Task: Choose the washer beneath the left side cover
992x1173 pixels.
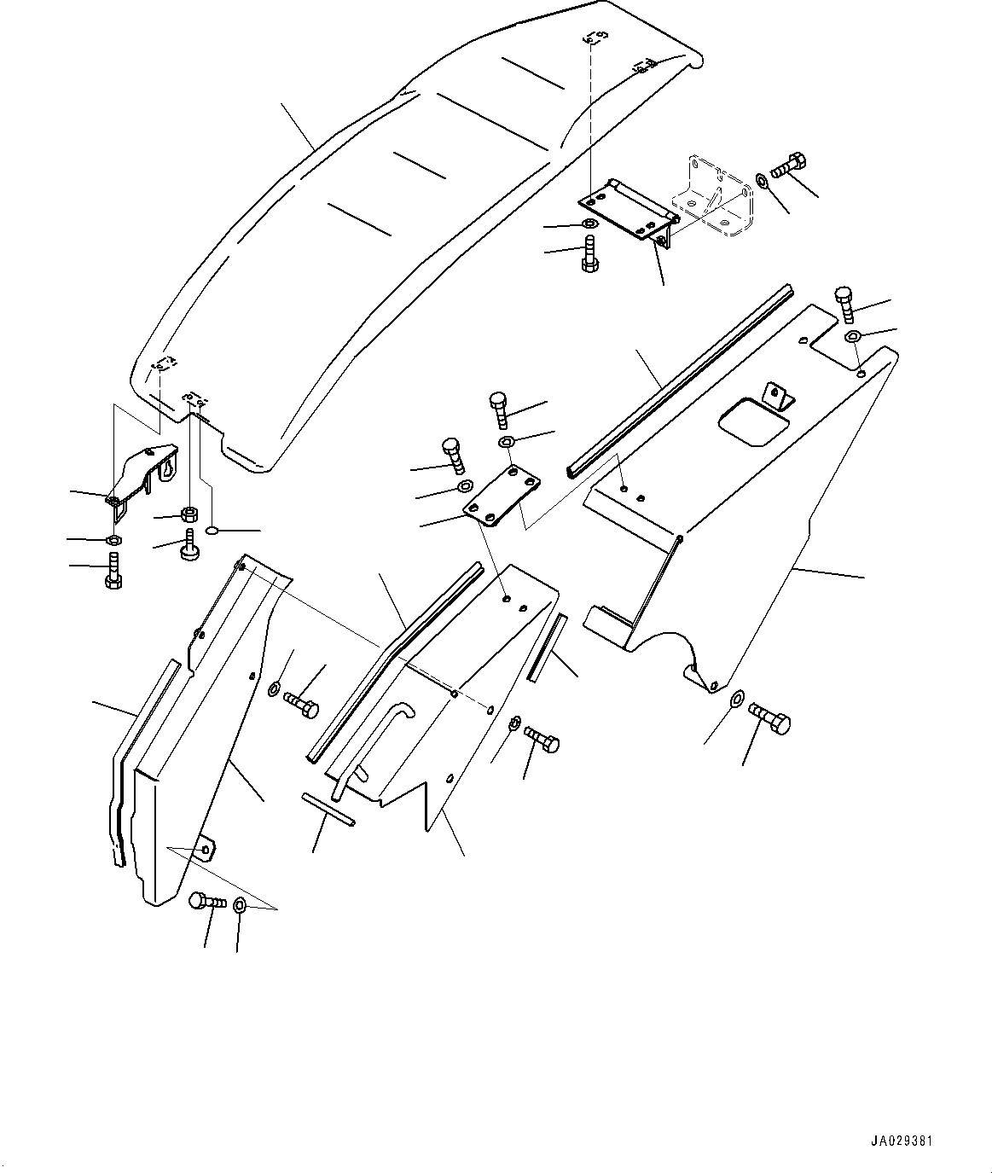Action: coord(241,904)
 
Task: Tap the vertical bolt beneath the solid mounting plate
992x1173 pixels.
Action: coord(589,253)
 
